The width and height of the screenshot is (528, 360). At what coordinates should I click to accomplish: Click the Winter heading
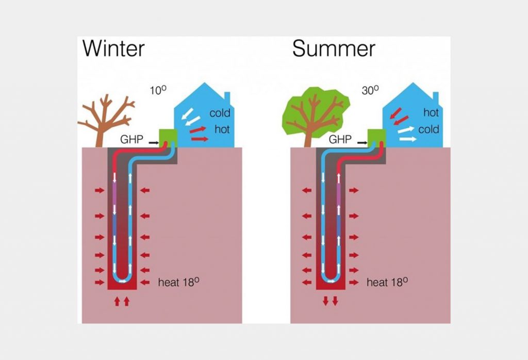[114, 48]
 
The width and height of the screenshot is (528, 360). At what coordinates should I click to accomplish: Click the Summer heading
[334, 48]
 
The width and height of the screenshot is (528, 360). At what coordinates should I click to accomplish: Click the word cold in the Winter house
[219, 113]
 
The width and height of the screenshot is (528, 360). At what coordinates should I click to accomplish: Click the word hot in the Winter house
[222, 129]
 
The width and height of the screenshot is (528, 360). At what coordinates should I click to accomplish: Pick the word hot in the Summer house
[431, 112]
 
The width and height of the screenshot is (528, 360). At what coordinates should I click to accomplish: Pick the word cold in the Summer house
[428, 129]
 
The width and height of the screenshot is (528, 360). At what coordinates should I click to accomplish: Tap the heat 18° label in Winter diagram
[178, 283]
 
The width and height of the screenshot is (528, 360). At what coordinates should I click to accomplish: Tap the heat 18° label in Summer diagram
[387, 283]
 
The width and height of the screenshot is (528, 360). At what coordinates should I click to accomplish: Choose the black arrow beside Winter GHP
[153, 140]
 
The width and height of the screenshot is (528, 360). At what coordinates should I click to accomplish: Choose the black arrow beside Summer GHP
[361, 140]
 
